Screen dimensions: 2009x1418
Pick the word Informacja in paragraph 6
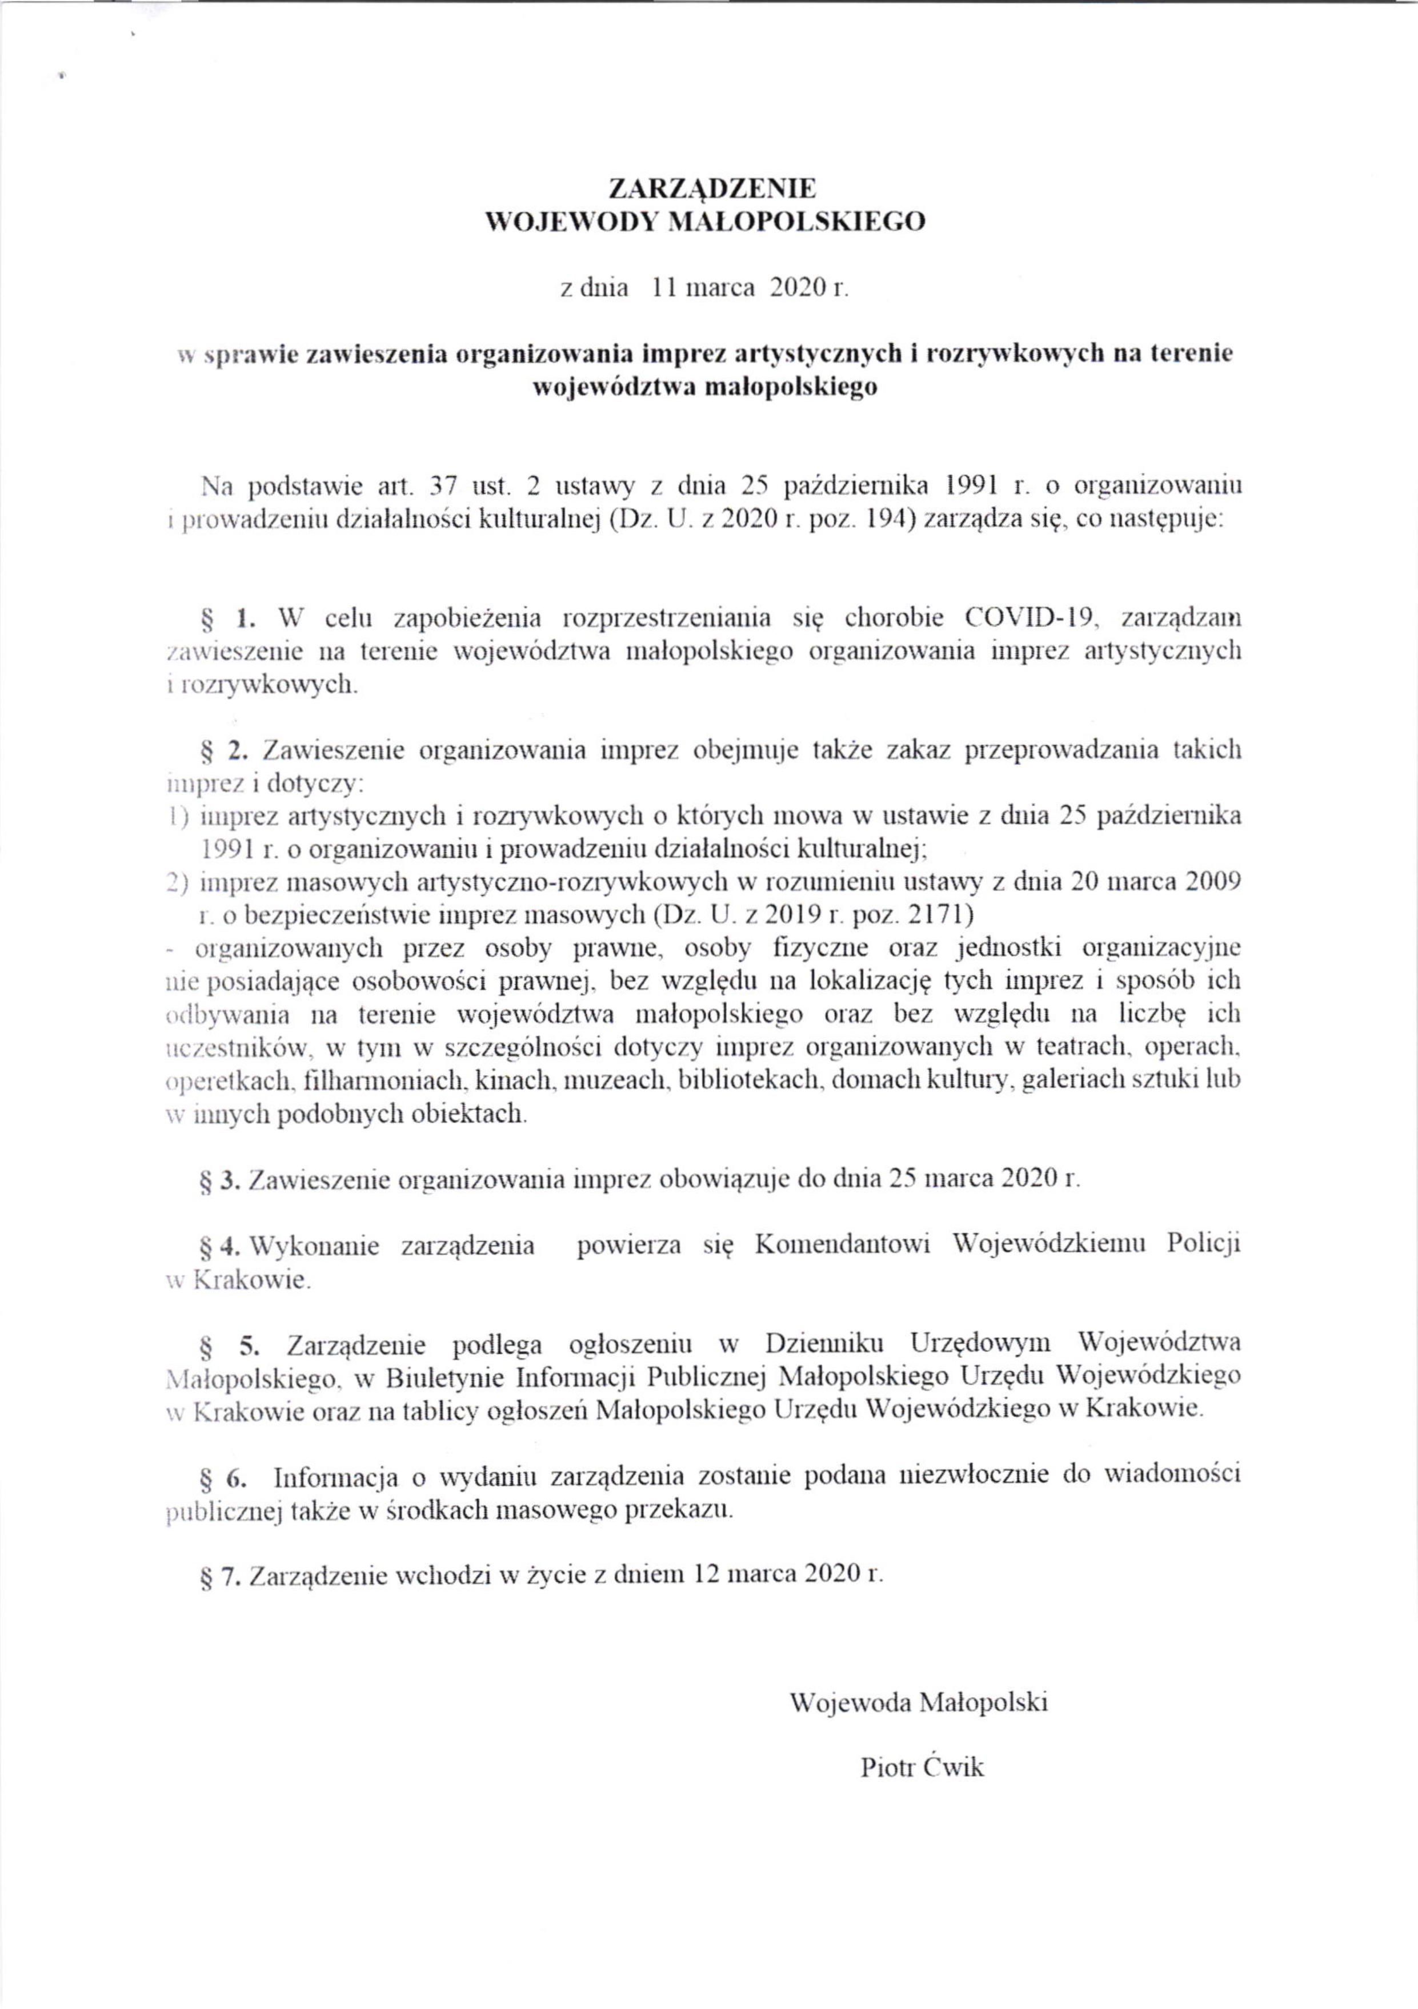point(338,1478)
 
